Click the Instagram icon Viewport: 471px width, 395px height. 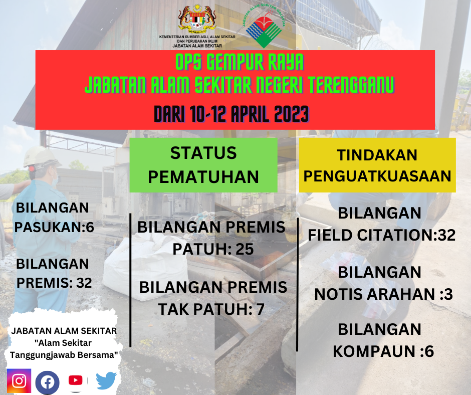coord(19,380)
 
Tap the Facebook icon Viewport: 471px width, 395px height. coord(48,382)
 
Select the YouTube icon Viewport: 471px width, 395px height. coord(75,380)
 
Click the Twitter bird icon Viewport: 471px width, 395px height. coord(106,380)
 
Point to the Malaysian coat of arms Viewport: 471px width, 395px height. coord(197,19)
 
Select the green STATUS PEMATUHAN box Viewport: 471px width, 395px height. coord(203,165)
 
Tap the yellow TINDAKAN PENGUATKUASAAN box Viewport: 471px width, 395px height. coord(377,165)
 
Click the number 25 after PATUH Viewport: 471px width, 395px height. coord(245,249)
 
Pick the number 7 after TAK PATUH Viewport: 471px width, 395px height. coord(260,309)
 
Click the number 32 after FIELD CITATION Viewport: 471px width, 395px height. coord(446,235)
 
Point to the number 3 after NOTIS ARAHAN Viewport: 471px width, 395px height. coord(448,294)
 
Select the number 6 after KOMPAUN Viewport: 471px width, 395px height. coord(429,351)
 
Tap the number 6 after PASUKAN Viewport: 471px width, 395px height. coord(90,227)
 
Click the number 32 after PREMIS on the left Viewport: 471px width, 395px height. coord(84,283)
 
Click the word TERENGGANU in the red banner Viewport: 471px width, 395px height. coord(351,85)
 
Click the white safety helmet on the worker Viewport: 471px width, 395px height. coord(41,156)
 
